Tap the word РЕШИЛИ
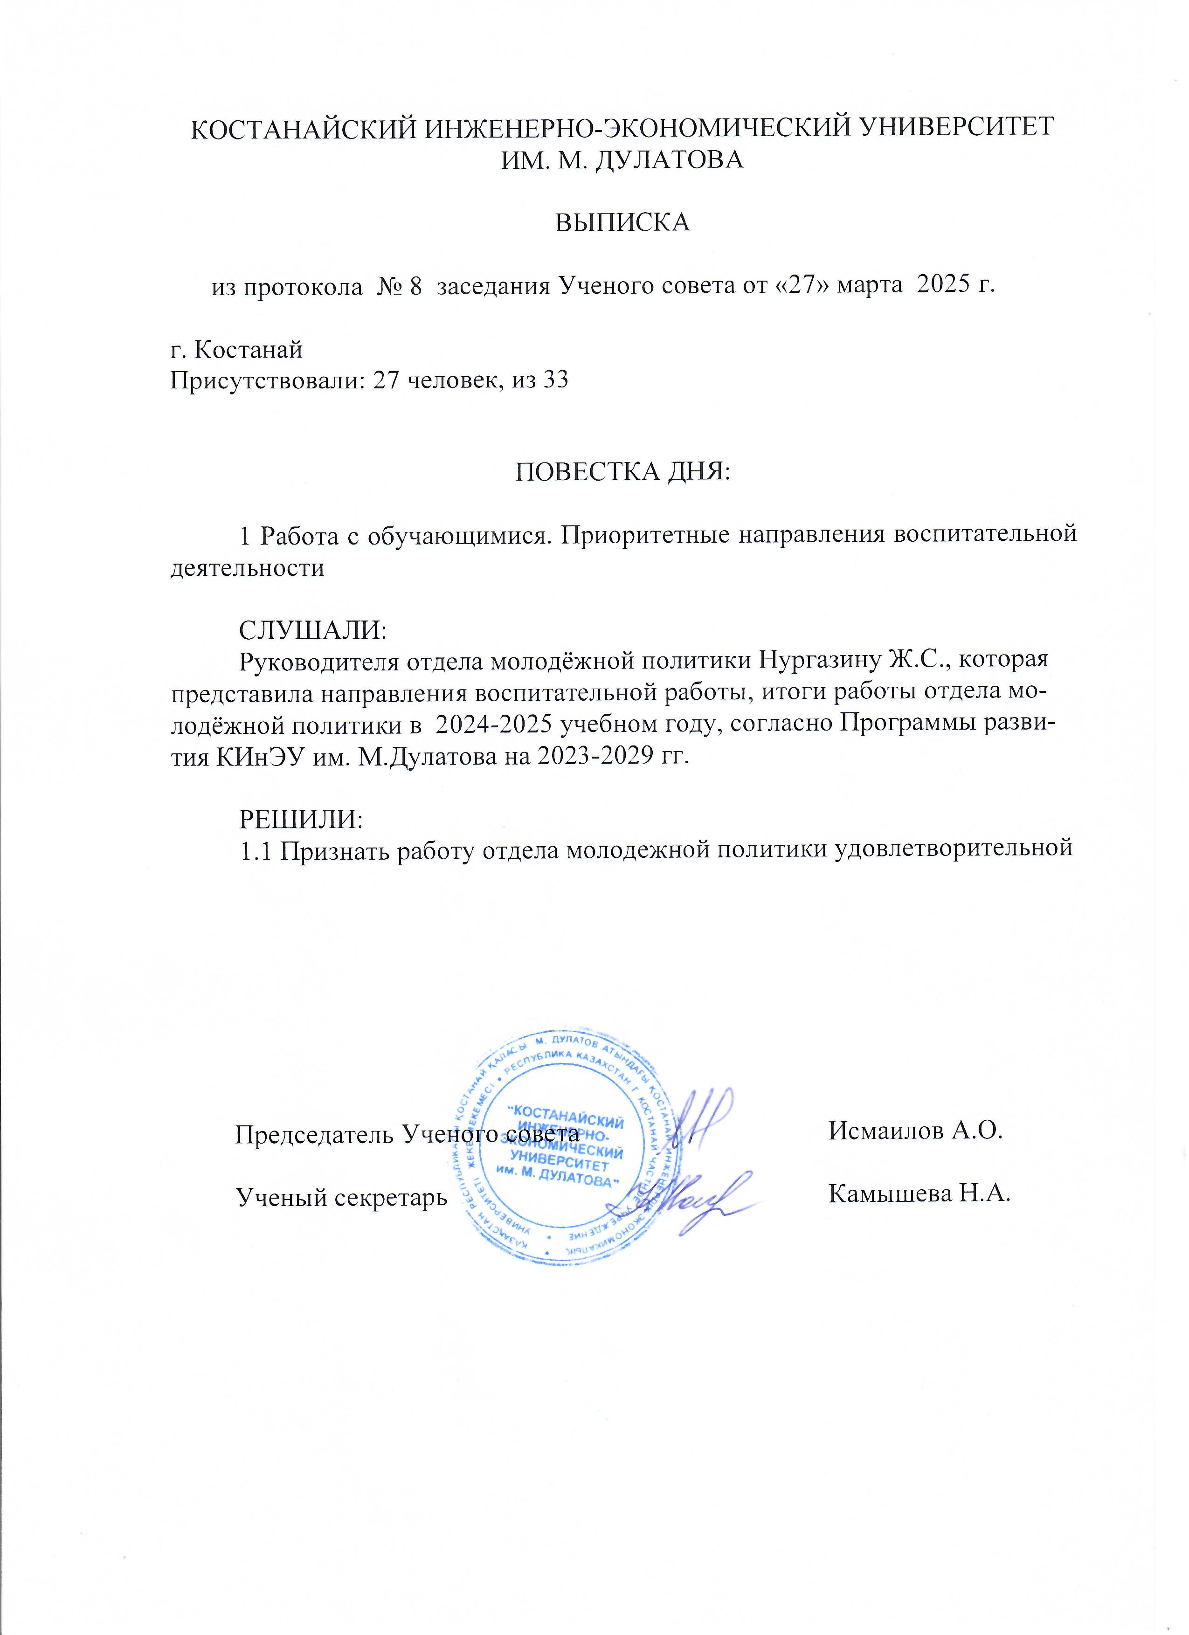tap(300, 820)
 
